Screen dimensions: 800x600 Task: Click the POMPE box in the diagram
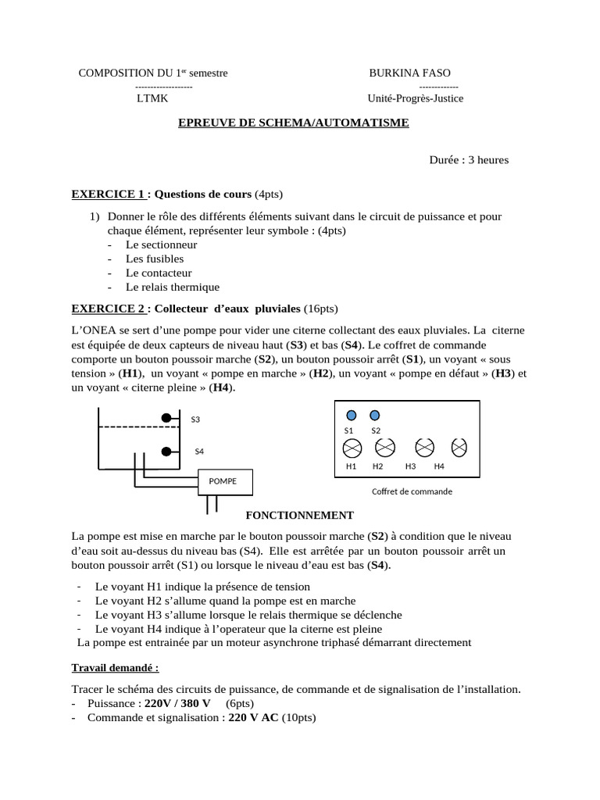click(x=227, y=481)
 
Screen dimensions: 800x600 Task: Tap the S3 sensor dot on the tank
click(x=166, y=419)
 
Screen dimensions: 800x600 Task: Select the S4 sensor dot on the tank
click(x=166, y=452)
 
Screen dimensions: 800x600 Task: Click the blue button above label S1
click(x=352, y=415)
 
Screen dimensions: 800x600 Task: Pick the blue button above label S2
click(x=375, y=415)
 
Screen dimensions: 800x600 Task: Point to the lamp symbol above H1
click(x=352, y=448)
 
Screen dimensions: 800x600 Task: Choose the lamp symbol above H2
click(x=385, y=448)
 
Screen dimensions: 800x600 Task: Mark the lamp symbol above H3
click(x=424, y=448)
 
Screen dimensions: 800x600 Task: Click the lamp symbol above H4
click(x=460, y=448)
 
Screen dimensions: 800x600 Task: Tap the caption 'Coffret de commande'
click(x=412, y=491)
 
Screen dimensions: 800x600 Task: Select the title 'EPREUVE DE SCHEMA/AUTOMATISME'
click(x=294, y=123)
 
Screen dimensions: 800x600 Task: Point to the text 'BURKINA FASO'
click(x=409, y=73)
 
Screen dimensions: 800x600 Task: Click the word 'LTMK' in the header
click(x=152, y=98)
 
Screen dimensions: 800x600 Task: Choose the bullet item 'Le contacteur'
click(x=159, y=273)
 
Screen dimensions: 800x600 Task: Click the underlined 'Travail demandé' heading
click(x=115, y=669)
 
